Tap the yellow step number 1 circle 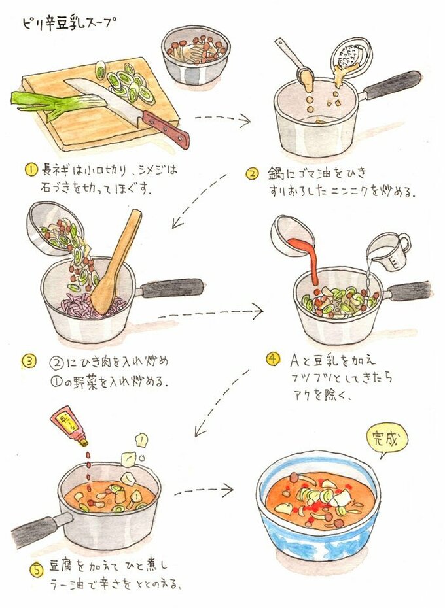coord(31,170)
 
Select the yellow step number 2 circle coord(252,174)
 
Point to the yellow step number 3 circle coord(29,362)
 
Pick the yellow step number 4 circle coord(273,358)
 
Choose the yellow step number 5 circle coord(36,569)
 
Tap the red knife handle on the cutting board coord(167,128)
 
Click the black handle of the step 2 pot coord(391,84)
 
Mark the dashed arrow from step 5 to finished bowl coord(204,491)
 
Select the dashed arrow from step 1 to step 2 coord(222,118)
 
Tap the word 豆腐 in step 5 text coord(62,567)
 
